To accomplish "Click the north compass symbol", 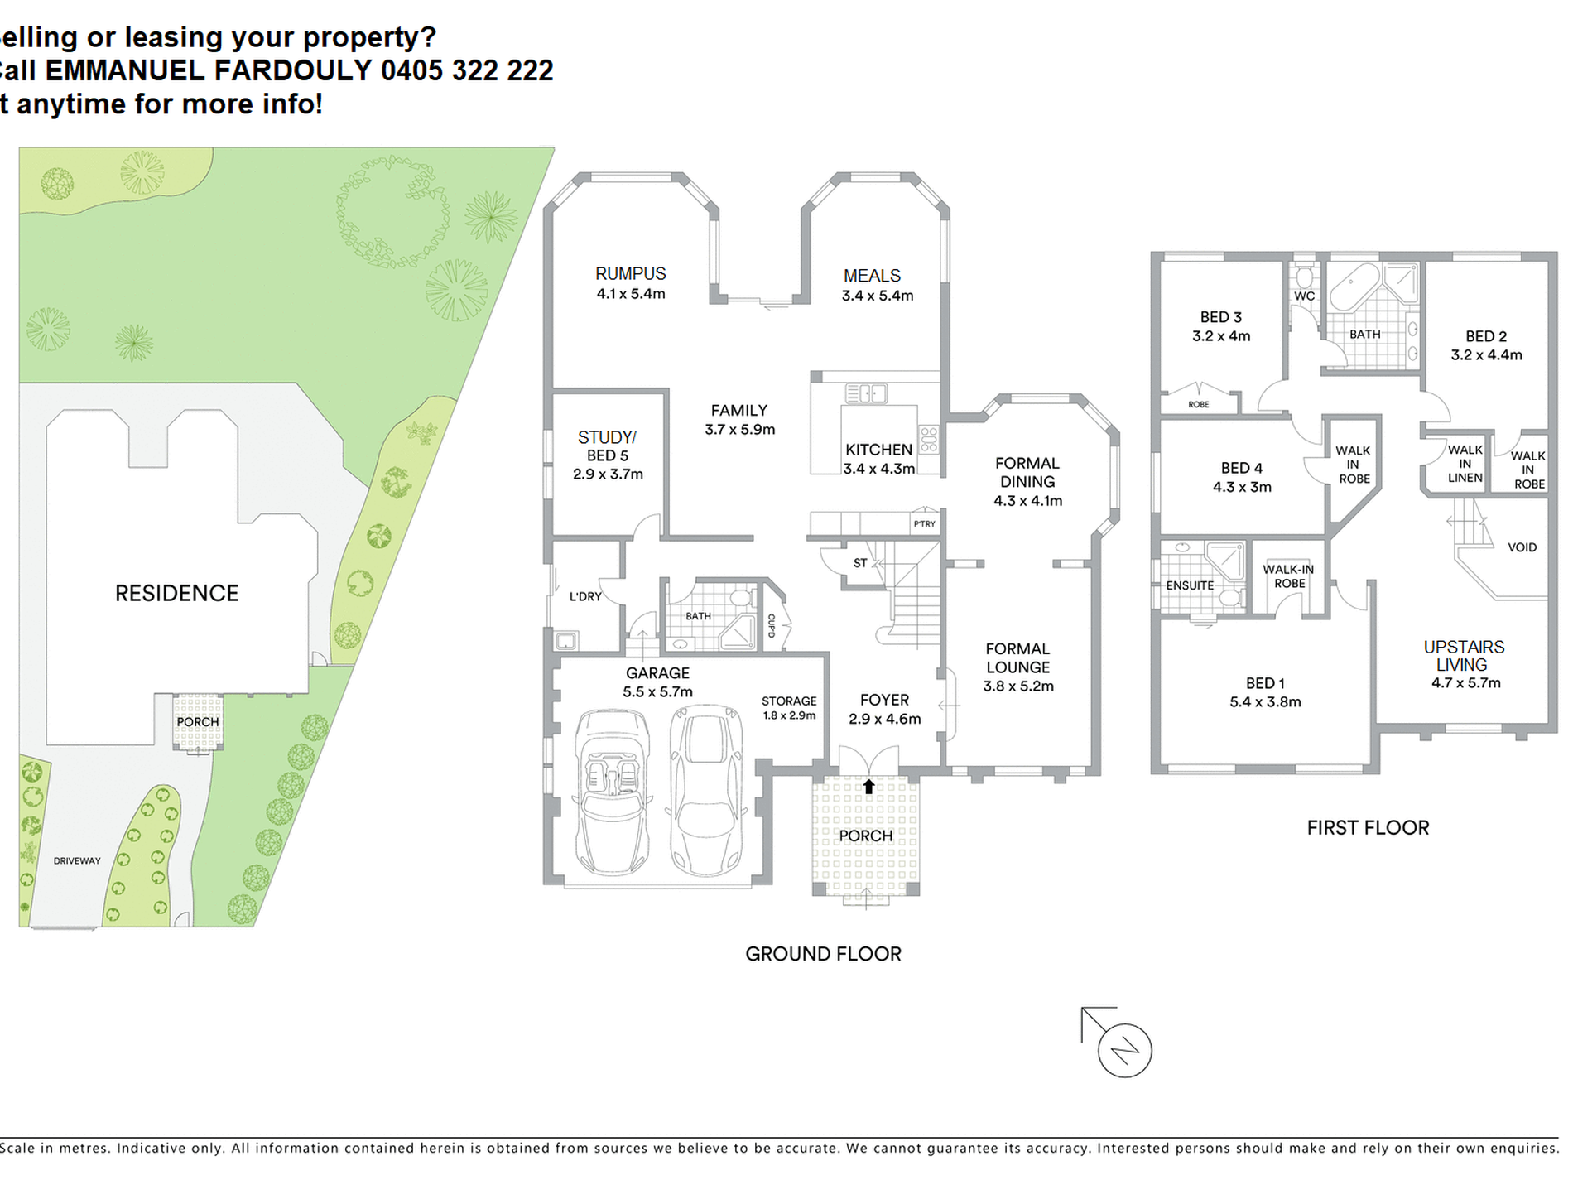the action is click(1124, 1050).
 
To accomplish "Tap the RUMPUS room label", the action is click(631, 273).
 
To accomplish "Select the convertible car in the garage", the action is click(612, 791).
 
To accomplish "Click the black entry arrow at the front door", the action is click(868, 787).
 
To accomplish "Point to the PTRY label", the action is click(925, 523).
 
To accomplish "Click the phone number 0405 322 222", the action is click(467, 71).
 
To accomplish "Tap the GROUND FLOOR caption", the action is click(823, 954).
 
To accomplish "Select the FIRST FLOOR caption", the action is click(1368, 827).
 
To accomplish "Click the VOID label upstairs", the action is click(1522, 547).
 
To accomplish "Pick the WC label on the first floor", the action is click(1304, 296).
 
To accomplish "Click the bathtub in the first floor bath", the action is click(1354, 287).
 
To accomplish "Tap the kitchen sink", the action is click(866, 393).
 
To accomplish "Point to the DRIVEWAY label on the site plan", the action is click(77, 860).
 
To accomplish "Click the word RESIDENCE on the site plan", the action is click(176, 593).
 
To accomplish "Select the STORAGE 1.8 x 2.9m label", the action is click(789, 708).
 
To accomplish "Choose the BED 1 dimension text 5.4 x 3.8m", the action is click(1265, 701).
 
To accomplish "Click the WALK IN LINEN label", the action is click(1465, 464).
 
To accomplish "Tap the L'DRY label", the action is click(585, 596).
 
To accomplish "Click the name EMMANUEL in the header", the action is click(125, 71).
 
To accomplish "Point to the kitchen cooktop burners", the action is click(928, 439).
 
